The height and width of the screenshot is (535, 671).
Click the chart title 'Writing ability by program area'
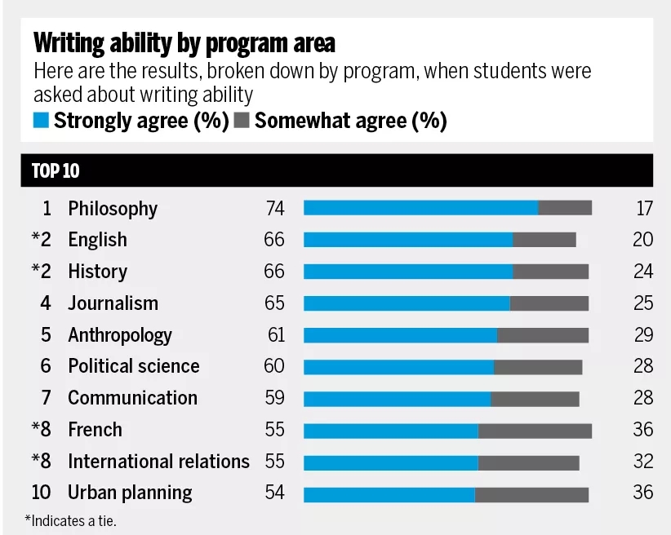click(184, 42)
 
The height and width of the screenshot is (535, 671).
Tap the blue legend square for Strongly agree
click(41, 122)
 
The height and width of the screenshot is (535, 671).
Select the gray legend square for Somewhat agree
click(242, 122)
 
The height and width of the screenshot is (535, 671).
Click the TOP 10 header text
click(56, 171)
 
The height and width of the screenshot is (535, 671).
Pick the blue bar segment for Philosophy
click(420, 208)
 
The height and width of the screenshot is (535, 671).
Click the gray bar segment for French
click(535, 430)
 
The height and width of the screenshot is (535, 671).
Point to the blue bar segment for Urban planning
click(389, 493)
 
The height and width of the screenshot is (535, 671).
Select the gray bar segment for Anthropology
click(543, 335)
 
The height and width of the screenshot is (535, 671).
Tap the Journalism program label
click(113, 303)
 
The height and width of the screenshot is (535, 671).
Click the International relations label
click(158, 462)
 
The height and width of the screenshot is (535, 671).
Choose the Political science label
click(133, 366)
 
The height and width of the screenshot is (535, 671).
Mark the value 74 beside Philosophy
click(275, 209)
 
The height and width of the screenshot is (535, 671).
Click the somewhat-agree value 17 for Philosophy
click(644, 209)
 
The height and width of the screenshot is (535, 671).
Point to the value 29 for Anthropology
click(643, 335)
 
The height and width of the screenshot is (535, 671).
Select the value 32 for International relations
click(643, 462)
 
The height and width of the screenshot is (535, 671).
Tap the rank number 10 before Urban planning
click(41, 493)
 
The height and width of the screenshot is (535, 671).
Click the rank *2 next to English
click(42, 240)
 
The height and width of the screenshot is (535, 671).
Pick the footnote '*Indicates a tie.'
click(70, 520)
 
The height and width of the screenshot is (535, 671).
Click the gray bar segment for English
click(544, 240)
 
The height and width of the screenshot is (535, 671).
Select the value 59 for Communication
click(275, 398)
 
